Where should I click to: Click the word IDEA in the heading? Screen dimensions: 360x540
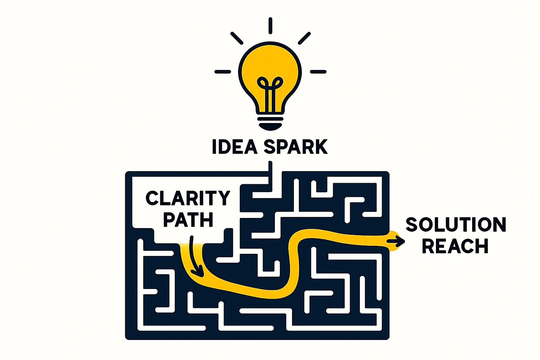tap(235, 147)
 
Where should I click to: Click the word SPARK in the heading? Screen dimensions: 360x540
tap(296, 147)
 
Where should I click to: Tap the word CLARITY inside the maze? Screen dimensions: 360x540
tap(188, 199)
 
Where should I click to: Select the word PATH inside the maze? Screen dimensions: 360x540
tap(188, 220)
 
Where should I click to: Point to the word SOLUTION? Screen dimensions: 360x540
tap(456, 225)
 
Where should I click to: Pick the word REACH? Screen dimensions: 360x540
tap(455, 246)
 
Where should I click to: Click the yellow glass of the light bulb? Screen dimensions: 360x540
tap(270, 63)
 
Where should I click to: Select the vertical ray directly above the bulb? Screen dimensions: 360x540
tap(270, 26)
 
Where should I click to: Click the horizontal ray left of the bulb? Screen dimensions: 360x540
tap(223, 72)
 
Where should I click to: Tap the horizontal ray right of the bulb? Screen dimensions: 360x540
tap(318, 72)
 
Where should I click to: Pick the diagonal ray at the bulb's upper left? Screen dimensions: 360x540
tap(237, 38)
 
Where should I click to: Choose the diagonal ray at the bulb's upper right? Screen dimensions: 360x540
tap(304, 38)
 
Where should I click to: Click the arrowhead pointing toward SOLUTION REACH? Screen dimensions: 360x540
tap(400, 241)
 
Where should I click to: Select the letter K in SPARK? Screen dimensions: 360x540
tap(320, 147)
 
